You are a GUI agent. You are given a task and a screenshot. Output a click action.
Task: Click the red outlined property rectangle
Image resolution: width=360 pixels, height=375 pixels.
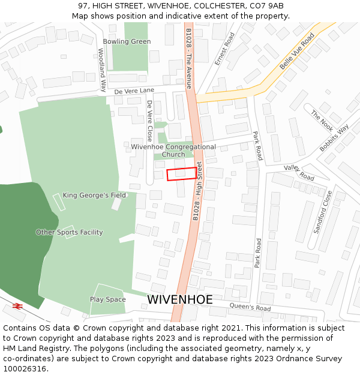click(x=181, y=174)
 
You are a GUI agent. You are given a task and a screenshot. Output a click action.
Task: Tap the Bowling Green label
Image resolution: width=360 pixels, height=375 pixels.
click(x=127, y=41)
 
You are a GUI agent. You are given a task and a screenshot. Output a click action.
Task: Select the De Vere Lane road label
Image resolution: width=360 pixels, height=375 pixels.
click(x=134, y=90)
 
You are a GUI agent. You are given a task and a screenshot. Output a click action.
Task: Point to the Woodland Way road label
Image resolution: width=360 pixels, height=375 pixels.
click(x=102, y=70)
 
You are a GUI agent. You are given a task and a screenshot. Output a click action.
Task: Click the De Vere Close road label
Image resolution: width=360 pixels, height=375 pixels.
click(x=150, y=119)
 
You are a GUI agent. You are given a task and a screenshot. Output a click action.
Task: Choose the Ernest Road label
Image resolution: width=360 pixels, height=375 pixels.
click(x=225, y=49)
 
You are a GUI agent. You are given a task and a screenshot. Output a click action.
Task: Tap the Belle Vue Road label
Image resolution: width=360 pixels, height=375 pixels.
click(x=297, y=51)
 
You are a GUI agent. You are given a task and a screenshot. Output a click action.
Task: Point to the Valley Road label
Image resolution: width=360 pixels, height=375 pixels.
click(x=299, y=173)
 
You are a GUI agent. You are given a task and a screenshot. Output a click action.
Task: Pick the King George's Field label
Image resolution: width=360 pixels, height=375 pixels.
click(x=94, y=195)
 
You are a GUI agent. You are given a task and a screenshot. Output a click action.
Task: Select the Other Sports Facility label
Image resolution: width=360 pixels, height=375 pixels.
click(x=69, y=232)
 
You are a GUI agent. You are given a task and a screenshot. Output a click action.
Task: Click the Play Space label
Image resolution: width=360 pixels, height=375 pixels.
click(x=108, y=299)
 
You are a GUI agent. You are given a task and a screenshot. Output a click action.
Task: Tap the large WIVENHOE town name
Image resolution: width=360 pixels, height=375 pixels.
click(x=180, y=299)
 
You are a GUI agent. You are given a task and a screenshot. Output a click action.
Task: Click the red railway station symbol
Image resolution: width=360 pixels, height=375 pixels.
click(x=17, y=306)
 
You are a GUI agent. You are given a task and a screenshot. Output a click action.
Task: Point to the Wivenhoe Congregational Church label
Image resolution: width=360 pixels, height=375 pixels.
click(x=173, y=150)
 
